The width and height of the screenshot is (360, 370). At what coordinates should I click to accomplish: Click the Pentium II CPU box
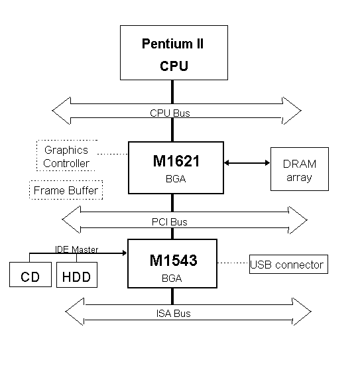[173, 53]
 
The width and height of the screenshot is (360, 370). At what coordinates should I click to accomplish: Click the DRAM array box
[299, 170]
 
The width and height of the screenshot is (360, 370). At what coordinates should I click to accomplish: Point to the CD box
[30, 275]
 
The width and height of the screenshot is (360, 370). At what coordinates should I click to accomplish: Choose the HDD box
[77, 275]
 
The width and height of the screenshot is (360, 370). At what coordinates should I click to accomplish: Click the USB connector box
[287, 265]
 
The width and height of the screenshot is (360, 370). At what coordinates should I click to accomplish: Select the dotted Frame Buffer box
[66, 191]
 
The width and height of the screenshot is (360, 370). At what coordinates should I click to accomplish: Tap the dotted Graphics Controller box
[66, 156]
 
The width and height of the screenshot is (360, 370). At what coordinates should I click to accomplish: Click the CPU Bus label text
[170, 113]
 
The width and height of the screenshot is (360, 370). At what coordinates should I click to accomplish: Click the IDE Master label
[76, 249]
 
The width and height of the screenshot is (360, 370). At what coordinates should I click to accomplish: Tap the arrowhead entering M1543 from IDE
[123, 253]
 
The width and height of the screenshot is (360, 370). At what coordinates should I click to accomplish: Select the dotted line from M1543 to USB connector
[233, 263]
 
